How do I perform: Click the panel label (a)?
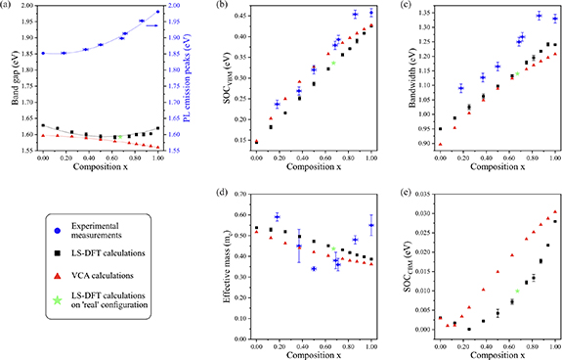pyautogui.click(x=9, y=7)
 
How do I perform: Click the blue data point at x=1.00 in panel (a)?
pyautogui.click(x=157, y=13)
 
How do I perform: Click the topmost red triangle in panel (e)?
pyautogui.click(x=555, y=211)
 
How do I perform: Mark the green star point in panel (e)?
pyautogui.click(x=517, y=291)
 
